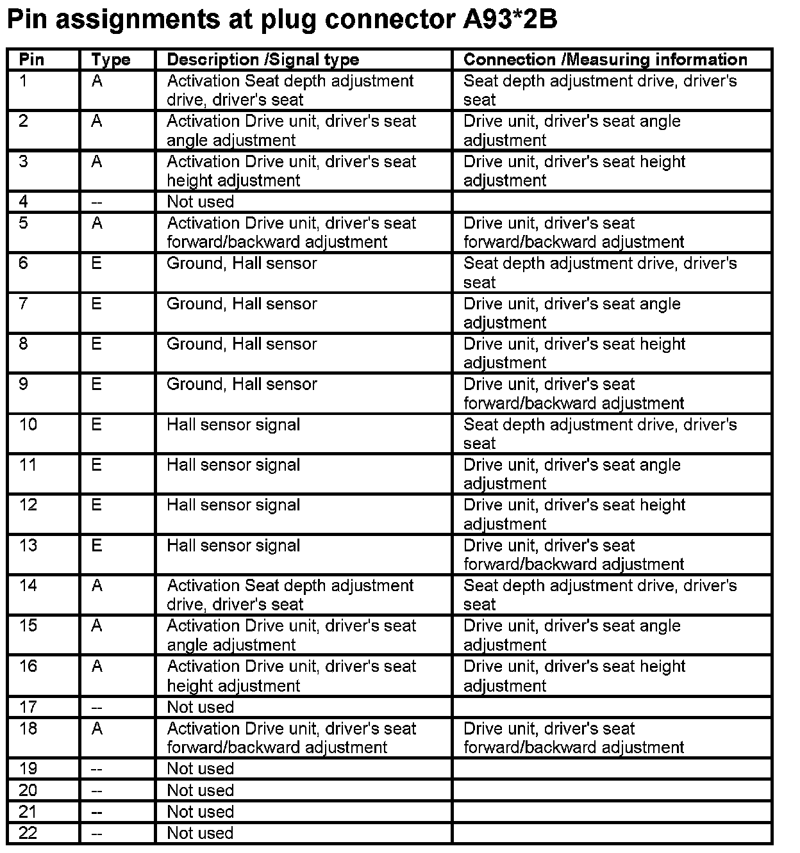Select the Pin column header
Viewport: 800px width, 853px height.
(x=31, y=60)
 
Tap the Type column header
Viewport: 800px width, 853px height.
(x=110, y=60)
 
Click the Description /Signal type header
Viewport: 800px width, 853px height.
(x=263, y=60)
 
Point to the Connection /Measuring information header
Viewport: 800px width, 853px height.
(x=605, y=60)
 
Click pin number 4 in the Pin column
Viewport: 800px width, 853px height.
(x=24, y=202)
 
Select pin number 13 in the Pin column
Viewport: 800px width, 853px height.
(x=28, y=546)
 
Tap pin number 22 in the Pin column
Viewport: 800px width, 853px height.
(x=28, y=833)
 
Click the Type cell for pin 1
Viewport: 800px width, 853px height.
(x=97, y=81)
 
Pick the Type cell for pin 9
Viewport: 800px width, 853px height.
(x=97, y=384)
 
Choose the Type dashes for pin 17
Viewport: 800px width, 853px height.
(x=97, y=708)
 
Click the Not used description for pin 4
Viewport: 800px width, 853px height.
(x=200, y=202)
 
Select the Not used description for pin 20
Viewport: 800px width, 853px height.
(x=200, y=790)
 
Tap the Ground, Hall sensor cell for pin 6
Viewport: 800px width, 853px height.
(x=242, y=263)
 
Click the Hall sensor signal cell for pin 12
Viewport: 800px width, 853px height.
(x=233, y=505)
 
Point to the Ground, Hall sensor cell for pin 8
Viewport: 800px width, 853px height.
(x=242, y=344)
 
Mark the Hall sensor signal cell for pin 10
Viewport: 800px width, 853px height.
(x=233, y=425)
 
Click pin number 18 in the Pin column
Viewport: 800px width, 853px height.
(x=28, y=729)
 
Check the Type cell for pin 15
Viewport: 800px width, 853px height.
(x=97, y=626)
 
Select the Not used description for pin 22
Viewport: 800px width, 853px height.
(x=200, y=833)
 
